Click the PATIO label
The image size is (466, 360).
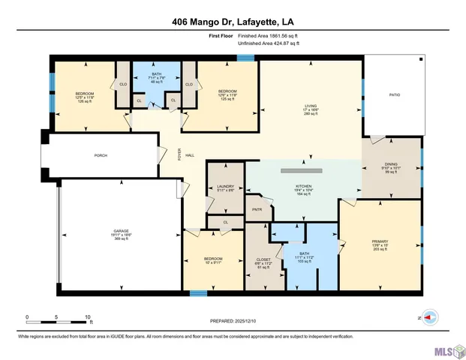393,95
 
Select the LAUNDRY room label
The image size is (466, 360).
226,187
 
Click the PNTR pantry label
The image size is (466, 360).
257,209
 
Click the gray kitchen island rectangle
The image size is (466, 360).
302,171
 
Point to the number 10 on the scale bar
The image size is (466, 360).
89,318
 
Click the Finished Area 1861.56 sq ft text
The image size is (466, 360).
268,35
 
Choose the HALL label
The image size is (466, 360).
190,155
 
